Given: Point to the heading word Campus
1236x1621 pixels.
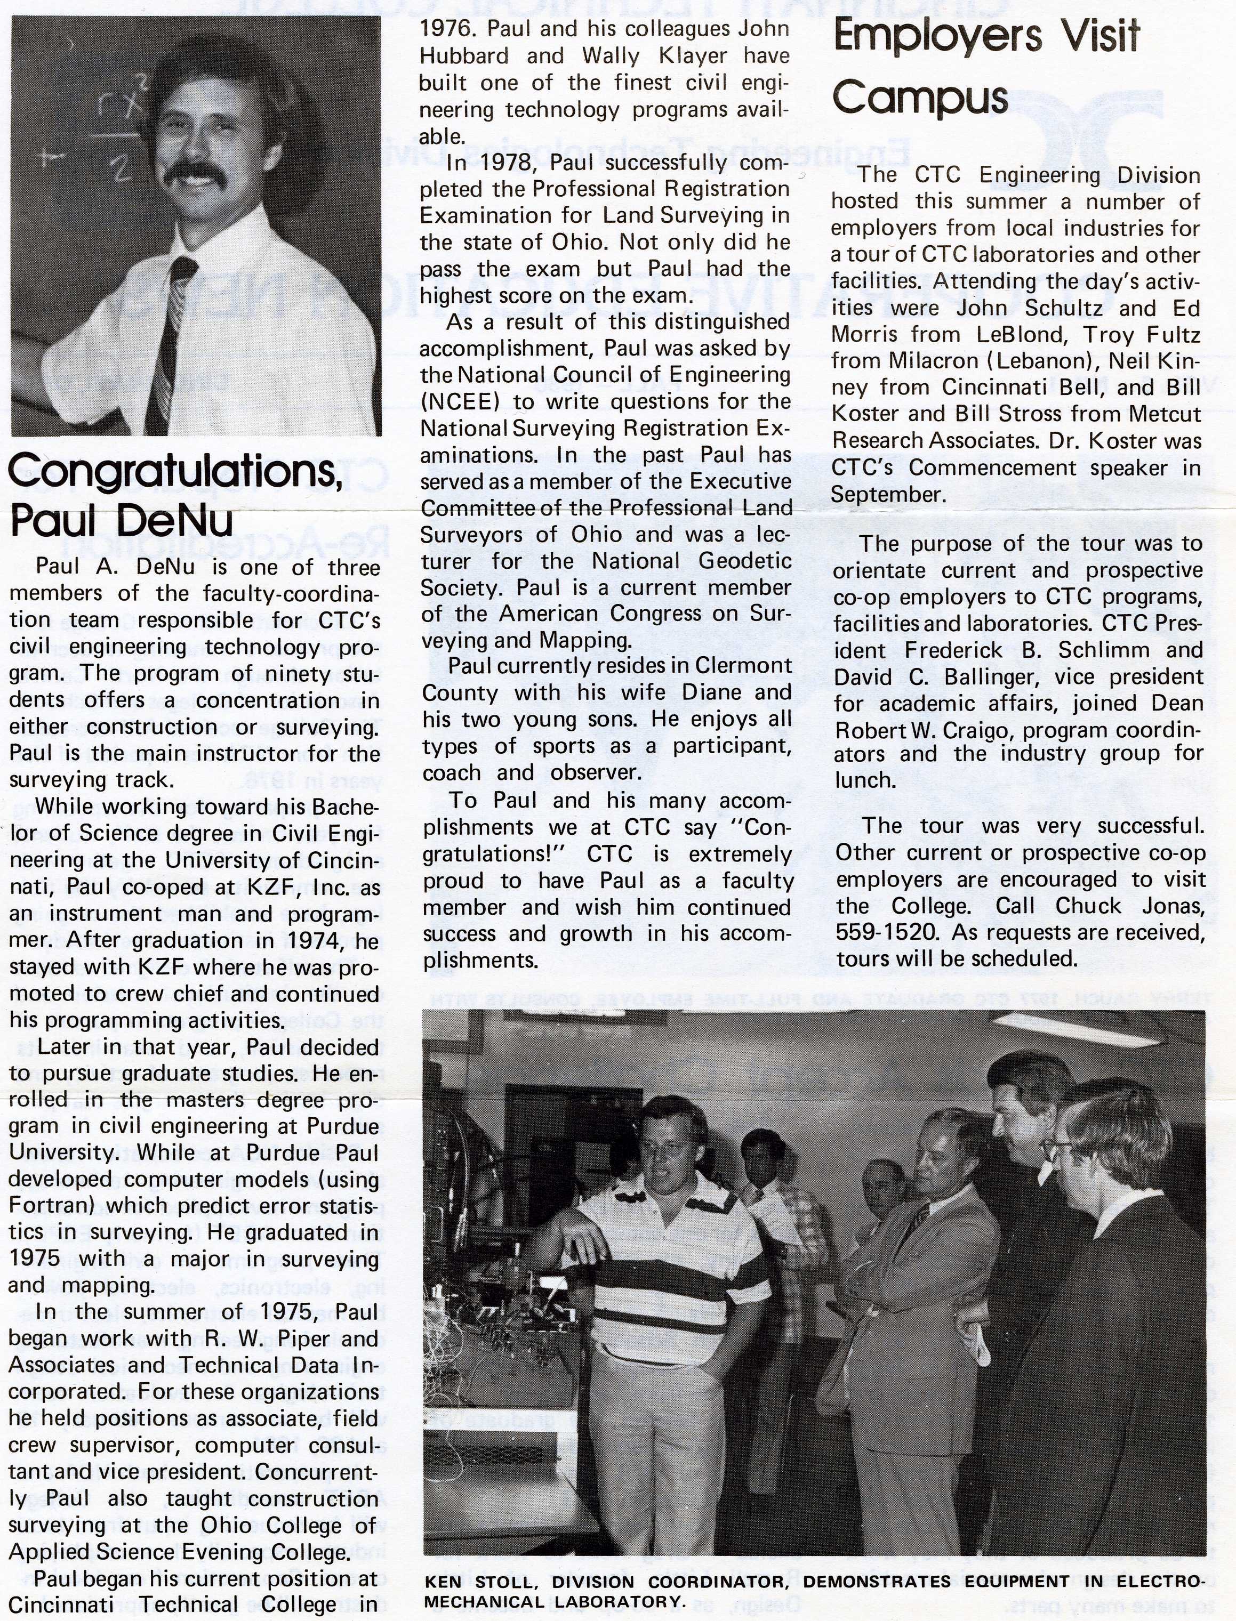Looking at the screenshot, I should point(920,98).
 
